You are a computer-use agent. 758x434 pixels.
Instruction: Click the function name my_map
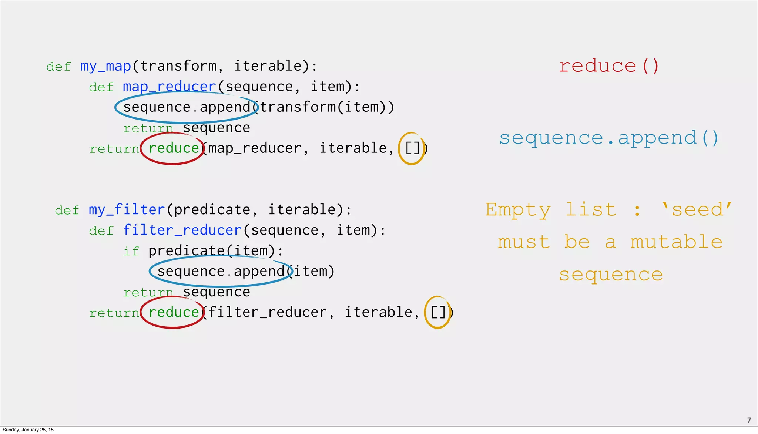click(105, 66)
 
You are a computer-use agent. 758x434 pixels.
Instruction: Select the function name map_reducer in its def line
click(169, 87)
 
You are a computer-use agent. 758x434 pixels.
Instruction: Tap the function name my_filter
click(127, 210)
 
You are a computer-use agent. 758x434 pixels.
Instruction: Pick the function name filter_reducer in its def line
click(182, 230)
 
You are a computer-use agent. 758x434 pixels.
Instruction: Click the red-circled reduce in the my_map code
click(174, 148)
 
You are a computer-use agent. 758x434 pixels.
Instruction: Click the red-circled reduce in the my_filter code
click(174, 312)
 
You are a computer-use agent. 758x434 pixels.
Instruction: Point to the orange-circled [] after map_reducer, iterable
click(412, 148)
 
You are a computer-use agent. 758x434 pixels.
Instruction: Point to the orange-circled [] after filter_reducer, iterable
click(438, 312)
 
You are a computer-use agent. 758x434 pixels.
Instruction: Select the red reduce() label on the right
click(608, 66)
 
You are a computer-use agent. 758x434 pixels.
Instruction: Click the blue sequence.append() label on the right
click(608, 138)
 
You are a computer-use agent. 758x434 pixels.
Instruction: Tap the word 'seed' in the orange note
click(697, 209)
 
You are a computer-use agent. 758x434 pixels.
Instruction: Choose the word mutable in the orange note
click(676, 242)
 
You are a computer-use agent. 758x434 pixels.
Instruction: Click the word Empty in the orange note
click(518, 210)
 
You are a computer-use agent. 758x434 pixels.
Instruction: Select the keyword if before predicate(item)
click(131, 251)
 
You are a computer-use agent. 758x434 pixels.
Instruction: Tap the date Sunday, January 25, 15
click(28, 430)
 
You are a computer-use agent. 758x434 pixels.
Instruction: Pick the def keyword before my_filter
click(67, 210)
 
